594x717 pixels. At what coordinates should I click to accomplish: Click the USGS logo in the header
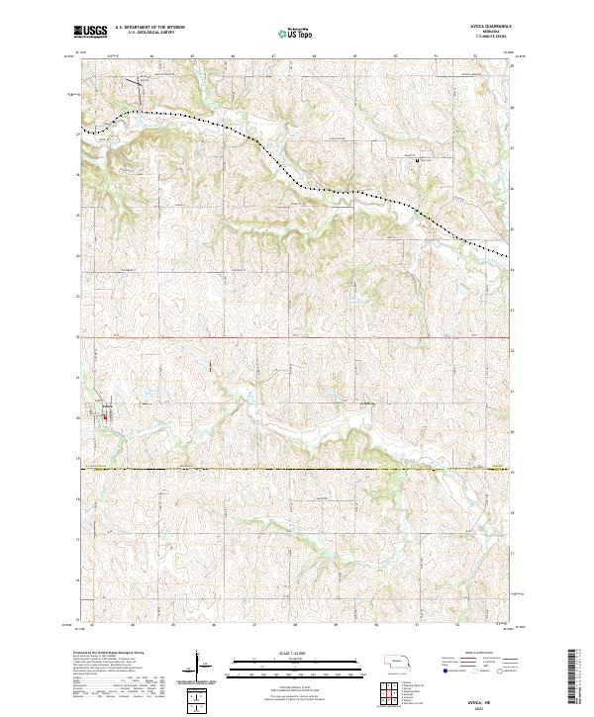(x=90, y=32)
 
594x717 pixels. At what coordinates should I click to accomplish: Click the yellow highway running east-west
(x=297, y=469)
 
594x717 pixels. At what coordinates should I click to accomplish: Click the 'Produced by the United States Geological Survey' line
(x=109, y=654)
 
